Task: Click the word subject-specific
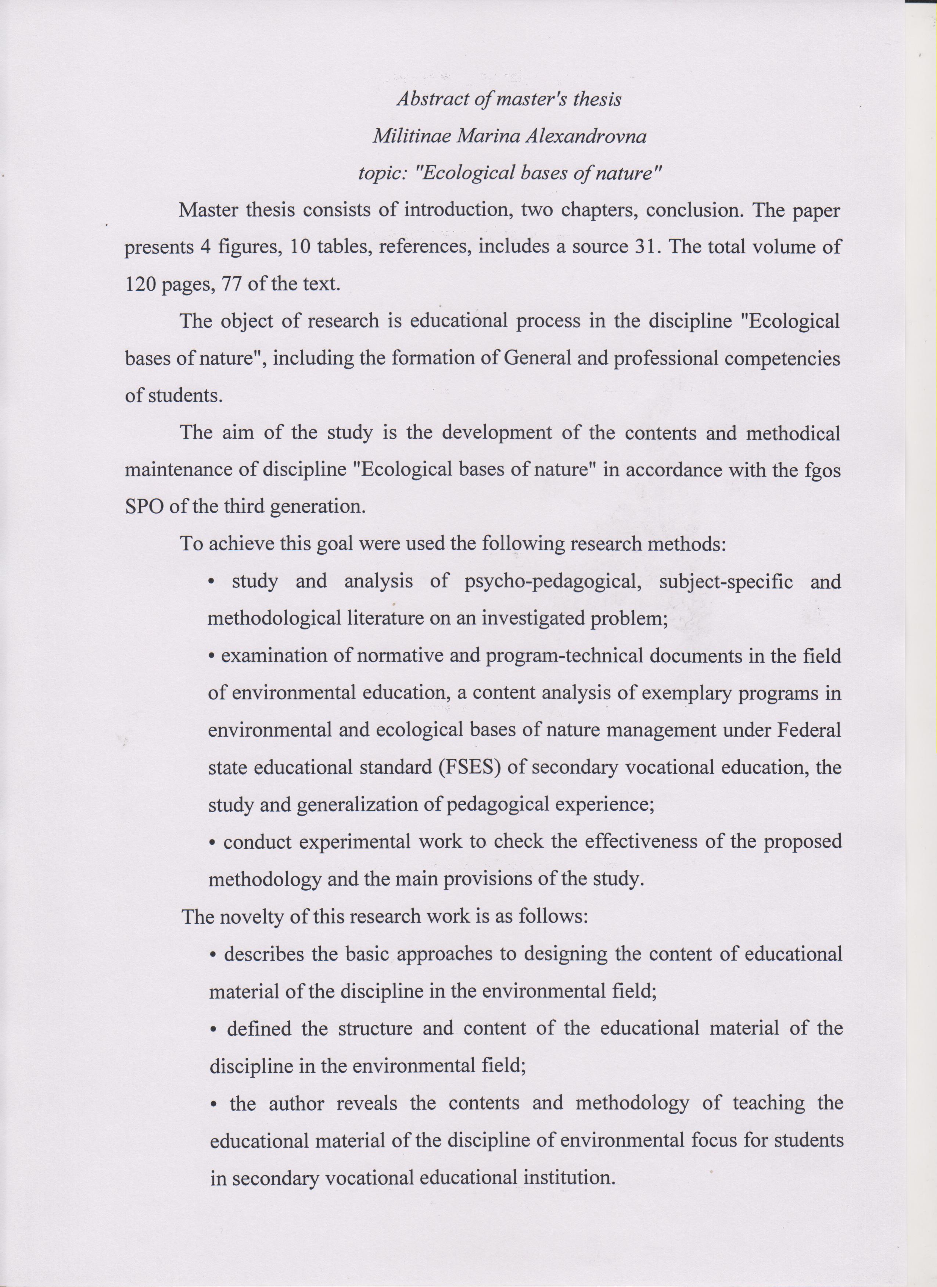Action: [726, 583]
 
